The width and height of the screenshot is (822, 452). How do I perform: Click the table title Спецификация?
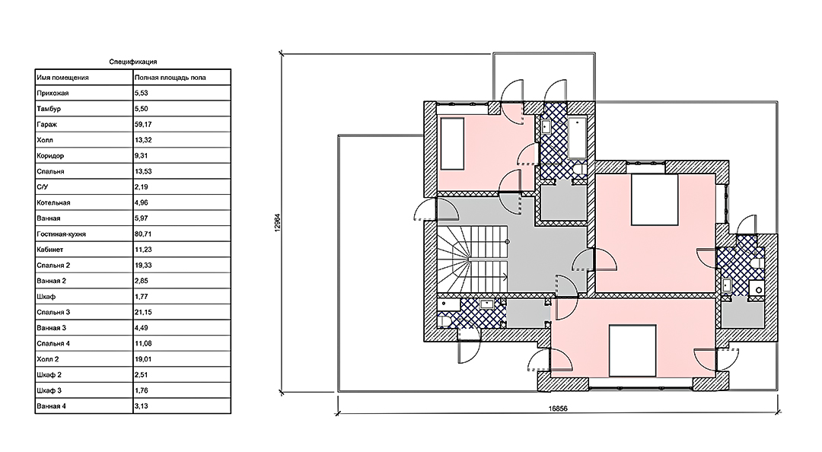132,62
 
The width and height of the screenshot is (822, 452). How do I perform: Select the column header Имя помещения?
62,78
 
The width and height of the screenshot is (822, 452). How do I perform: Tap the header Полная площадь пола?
170,78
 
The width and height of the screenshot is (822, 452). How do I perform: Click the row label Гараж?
46,125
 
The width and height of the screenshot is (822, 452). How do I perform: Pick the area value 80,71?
143,234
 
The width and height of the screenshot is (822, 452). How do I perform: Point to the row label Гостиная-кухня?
61,234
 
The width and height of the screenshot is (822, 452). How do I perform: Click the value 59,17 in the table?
143,125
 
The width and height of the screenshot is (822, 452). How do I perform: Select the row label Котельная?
53,203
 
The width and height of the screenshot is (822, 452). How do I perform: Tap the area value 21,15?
143,313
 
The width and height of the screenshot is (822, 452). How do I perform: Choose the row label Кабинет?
49,250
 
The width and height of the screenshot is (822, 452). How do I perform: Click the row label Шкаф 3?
49,390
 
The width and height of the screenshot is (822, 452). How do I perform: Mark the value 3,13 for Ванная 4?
141,406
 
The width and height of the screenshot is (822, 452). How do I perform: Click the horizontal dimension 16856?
558,409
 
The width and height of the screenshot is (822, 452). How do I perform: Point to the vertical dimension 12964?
278,222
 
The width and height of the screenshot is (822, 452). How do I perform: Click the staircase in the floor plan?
473,259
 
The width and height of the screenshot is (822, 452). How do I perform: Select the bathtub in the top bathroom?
577,138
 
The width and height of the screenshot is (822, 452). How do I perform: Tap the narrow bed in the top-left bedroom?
452,144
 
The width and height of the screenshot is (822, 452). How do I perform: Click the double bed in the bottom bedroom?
632,351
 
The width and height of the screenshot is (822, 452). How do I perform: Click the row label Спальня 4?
53,344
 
